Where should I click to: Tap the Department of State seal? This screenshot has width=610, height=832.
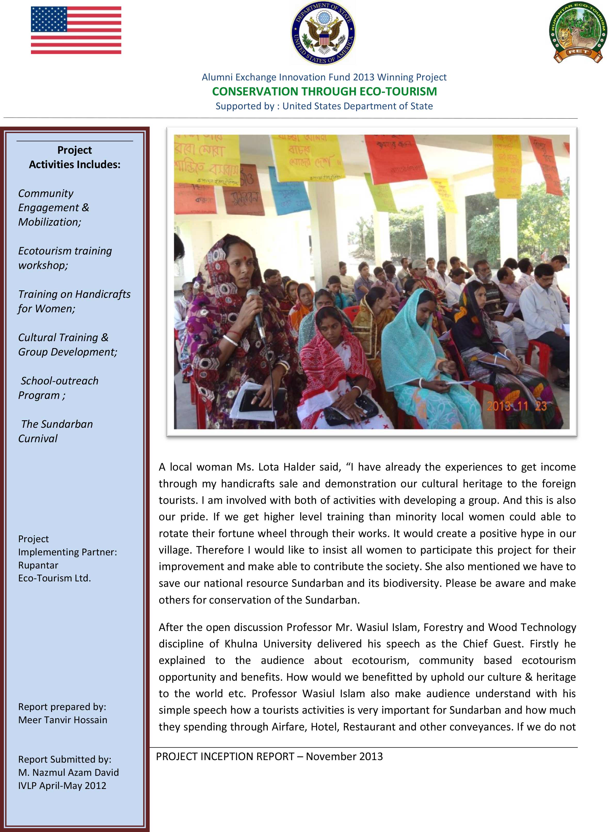(x=324, y=32)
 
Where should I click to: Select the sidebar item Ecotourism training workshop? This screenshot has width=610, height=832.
(x=65, y=258)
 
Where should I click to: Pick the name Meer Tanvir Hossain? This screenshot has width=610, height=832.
(x=63, y=720)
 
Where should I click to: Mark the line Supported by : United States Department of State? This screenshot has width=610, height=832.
(x=324, y=106)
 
